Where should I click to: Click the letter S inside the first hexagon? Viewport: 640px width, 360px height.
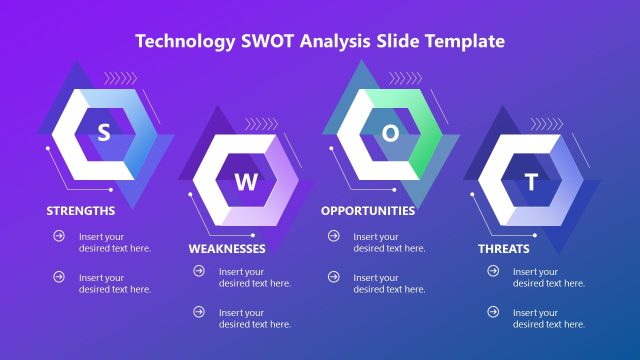point(103,134)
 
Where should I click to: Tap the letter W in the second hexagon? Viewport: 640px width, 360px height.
point(252,182)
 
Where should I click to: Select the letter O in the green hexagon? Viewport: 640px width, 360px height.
point(391,132)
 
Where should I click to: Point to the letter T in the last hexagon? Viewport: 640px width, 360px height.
point(532,183)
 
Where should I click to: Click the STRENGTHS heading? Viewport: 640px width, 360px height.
point(81,211)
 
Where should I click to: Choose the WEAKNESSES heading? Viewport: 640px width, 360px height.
point(227,248)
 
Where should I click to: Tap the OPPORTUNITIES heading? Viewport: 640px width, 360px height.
point(368,211)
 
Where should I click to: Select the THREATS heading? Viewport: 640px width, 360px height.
point(504,248)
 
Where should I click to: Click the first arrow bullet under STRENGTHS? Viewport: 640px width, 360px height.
point(59,237)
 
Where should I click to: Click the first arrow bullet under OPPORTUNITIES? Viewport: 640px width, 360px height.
point(333,237)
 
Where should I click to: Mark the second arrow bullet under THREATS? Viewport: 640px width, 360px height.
point(493,313)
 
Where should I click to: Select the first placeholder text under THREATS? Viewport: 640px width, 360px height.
point(549,277)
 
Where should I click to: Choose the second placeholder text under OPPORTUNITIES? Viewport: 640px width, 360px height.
point(389,283)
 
